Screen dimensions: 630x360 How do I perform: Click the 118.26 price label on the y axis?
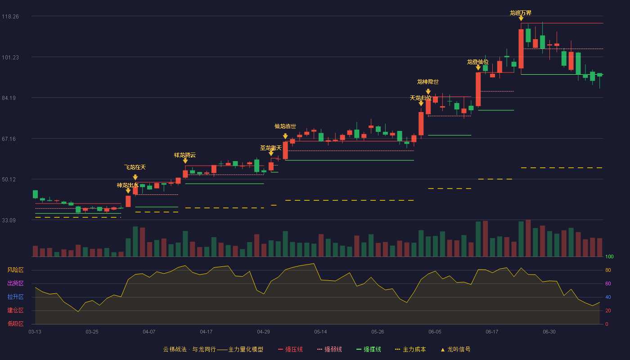[x=10, y=17]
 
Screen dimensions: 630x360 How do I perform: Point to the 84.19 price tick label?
[x=9, y=98]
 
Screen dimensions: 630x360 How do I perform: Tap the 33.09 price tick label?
[x=9, y=220]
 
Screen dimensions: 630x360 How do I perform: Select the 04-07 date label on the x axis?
[x=149, y=332]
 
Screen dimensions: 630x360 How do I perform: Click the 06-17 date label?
[x=492, y=332]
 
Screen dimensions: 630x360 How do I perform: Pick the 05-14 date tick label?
[x=320, y=332]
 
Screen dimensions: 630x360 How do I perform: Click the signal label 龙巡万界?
[x=521, y=13]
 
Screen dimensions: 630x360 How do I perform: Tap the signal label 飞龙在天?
[x=135, y=167]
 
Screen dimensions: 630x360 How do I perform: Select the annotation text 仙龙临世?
[x=285, y=126]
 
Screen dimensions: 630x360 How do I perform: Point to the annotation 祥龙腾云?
[x=185, y=155]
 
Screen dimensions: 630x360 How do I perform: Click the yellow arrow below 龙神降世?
[x=428, y=91]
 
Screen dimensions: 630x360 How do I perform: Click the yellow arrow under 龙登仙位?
[x=478, y=67]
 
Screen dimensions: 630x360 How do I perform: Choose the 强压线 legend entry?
[x=290, y=349]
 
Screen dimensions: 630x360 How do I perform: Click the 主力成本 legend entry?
[x=410, y=349]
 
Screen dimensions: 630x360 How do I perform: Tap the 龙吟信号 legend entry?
[x=455, y=349]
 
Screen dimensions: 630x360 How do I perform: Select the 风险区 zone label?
[x=15, y=270]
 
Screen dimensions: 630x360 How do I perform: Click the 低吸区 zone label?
[x=15, y=324]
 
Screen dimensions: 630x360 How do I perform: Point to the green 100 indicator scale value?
[x=609, y=256]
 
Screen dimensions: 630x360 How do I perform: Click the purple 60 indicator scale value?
[x=608, y=283]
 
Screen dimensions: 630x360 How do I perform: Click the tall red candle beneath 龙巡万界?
[x=521, y=49]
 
